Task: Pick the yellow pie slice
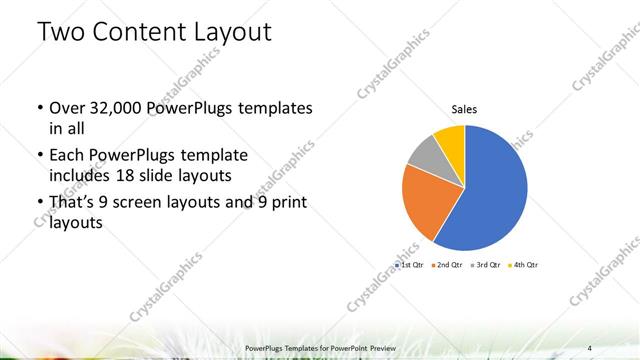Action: pyautogui.click(x=450, y=138)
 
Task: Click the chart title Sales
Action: pyautogui.click(x=463, y=109)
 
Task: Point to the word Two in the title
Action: pyautogui.click(x=61, y=32)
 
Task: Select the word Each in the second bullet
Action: pyautogui.click(x=66, y=156)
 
